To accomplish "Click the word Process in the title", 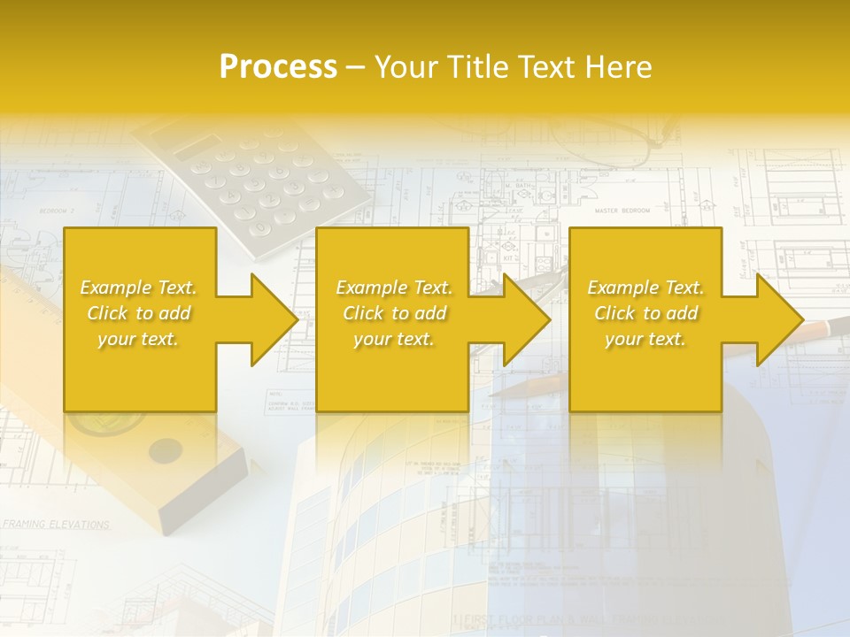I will pos(278,67).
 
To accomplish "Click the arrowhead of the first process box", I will pos(274,319).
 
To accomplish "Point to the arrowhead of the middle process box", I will pos(527,319).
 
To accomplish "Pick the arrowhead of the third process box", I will pos(780,319).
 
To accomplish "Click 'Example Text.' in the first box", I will pos(139,288).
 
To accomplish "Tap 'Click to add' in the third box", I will pos(646,313).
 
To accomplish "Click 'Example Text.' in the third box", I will pos(646,288).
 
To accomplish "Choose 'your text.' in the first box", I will pos(139,339).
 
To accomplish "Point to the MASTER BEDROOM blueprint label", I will pos(622,211).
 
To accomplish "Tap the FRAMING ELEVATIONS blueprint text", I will pos(55,525).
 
